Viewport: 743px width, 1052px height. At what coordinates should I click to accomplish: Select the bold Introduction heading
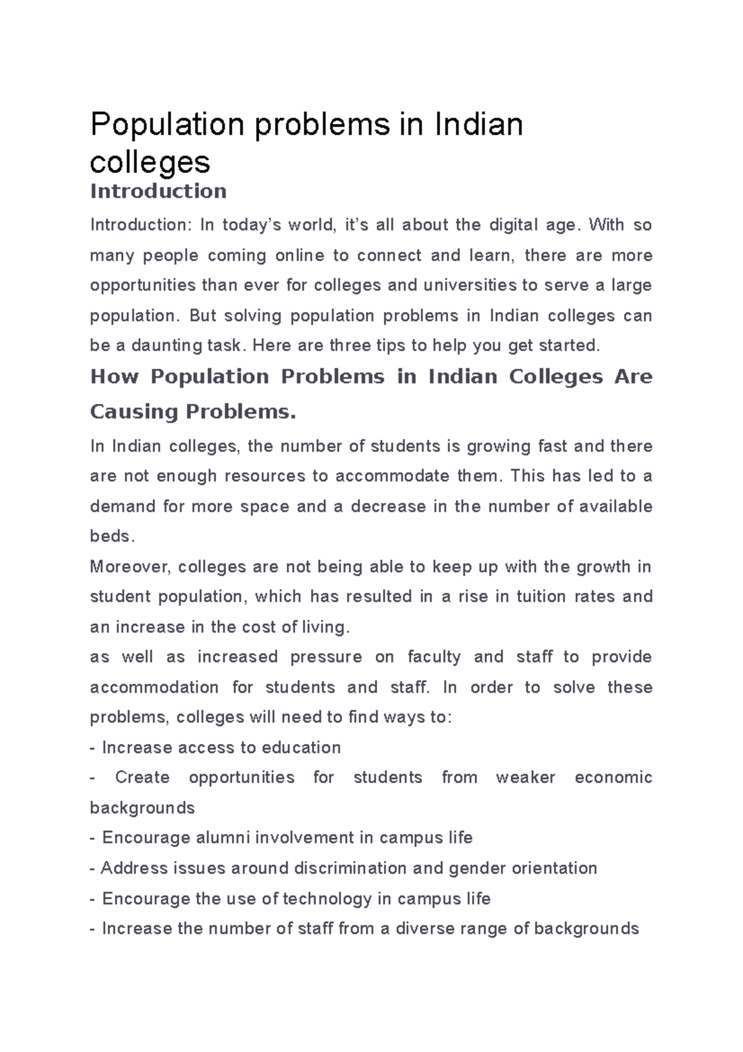(x=158, y=191)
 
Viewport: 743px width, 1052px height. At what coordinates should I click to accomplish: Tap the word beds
(x=111, y=537)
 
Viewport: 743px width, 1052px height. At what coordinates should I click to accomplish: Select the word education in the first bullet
(x=301, y=748)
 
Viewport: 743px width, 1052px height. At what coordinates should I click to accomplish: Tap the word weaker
(x=526, y=778)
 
